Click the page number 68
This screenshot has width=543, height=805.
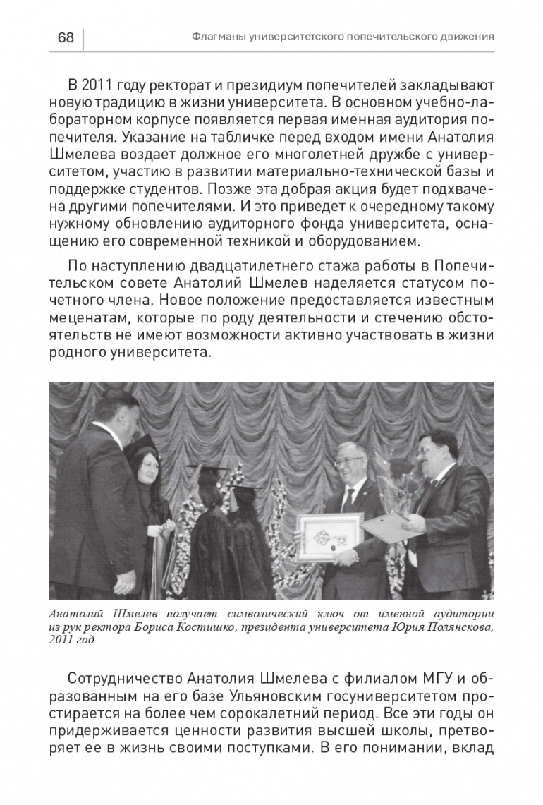pos(66,37)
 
